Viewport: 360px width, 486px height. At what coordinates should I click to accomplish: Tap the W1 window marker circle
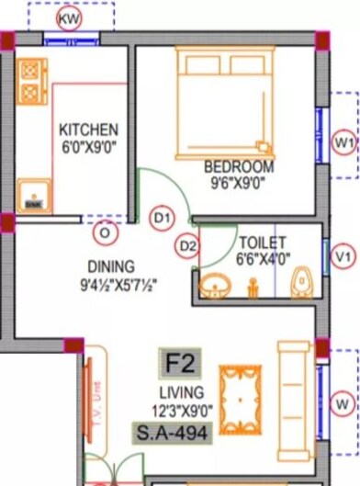point(344,143)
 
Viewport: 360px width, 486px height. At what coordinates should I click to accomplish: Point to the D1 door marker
point(162,218)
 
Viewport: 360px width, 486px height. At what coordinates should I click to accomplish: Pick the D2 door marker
point(188,246)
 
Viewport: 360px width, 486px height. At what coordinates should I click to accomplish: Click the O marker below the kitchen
point(106,233)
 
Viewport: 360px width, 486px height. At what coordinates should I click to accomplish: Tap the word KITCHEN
point(88,130)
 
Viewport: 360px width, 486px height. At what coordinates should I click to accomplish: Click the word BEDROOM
point(239,166)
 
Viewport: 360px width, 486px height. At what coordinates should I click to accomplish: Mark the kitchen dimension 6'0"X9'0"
point(88,145)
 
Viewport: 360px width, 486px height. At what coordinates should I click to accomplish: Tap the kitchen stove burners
point(33,80)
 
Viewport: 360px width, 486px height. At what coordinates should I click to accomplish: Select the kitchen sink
point(33,197)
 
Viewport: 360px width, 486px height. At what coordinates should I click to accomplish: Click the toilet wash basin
point(214,284)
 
